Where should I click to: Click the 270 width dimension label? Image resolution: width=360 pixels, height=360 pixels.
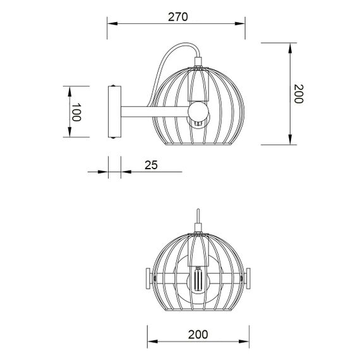click(178, 17)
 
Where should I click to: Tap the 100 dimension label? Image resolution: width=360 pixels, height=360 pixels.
click(76, 112)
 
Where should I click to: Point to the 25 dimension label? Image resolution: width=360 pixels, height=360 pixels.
click(151, 165)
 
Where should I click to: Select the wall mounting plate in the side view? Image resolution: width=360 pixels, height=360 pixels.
click(114, 112)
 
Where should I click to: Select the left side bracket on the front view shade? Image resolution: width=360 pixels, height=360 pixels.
click(148, 275)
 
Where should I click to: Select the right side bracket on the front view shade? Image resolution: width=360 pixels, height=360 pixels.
click(248, 275)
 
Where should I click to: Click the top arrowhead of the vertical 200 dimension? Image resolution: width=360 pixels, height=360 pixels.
click(290, 46)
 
